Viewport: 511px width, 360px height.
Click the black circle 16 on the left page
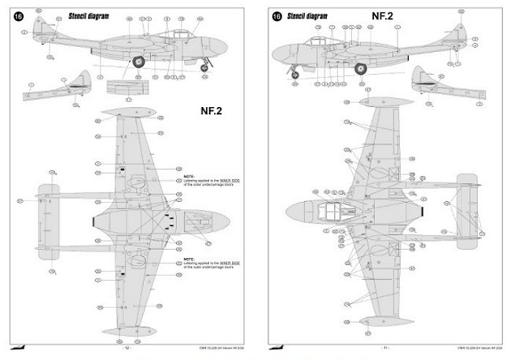pyautogui.click(x=18, y=16)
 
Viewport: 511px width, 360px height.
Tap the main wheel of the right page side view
pyautogui.click(x=361, y=69)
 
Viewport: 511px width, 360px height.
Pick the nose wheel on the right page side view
pyautogui.click(x=295, y=75)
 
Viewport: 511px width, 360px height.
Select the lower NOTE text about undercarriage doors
pyautogui.click(x=208, y=263)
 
